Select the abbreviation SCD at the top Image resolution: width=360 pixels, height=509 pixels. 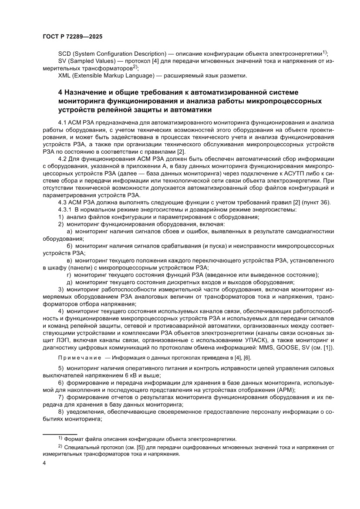click(64, 53)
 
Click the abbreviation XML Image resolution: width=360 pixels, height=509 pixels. click(65, 76)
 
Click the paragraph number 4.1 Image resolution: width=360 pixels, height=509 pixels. click(63, 123)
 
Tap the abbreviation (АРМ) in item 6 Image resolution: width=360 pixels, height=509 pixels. click(285, 390)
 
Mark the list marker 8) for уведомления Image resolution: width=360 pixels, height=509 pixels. click(61, 412)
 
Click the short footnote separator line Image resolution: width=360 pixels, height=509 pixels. click(60, 434)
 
